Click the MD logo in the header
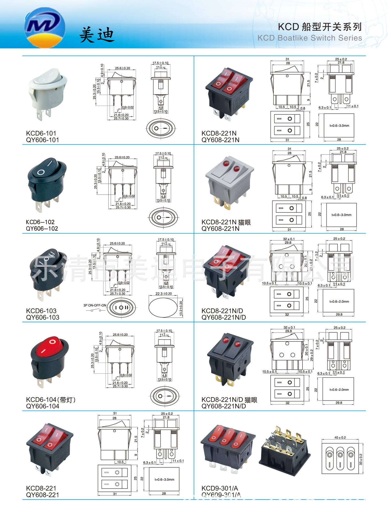point(45,27)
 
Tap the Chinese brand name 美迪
point(97,35)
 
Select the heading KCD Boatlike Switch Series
point(310,38)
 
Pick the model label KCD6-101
point(41,133)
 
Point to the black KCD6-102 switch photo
point(47,183)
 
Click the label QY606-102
point(42,229)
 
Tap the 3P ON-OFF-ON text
point(95,305)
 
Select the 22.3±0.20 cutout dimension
point(164,294)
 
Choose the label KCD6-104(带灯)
point(50,400)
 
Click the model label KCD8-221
point(41,488)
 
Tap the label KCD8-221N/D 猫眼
point(229,400)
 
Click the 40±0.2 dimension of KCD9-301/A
point(340,438)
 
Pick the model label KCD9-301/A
point(220,488)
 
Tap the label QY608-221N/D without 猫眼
point(223,318)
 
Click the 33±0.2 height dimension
point(361,459)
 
